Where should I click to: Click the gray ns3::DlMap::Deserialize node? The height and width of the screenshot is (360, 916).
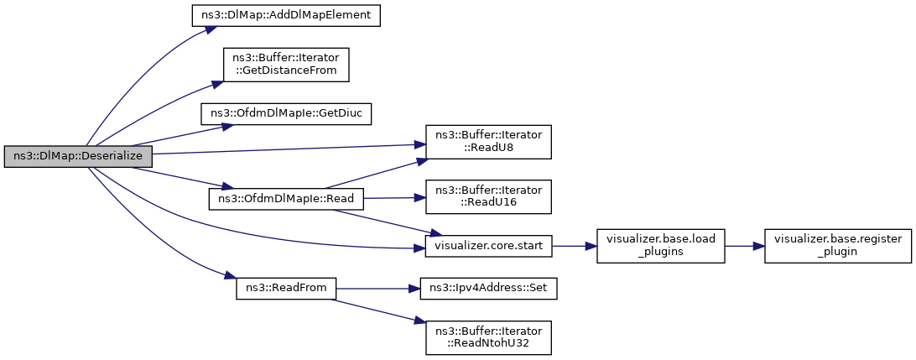tap(78, 157)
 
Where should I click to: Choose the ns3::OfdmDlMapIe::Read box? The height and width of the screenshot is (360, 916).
tap(286, 199)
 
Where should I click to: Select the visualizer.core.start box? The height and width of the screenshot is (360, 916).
tap(488, 246)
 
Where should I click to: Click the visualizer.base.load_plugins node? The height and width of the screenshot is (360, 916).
tap(661, 246)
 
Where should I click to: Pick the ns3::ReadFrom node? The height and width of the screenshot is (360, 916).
tap(286, 289)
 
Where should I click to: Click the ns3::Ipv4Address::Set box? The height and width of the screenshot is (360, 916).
tap(488, 289)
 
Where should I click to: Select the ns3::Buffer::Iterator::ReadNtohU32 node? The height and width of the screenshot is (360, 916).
tap(488, 337)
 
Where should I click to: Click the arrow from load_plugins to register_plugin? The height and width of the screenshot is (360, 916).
tap(744, 246)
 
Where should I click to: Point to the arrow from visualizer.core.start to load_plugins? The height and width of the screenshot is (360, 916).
tap(575, 246)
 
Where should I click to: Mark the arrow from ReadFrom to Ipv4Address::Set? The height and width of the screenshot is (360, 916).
tap(378, 289)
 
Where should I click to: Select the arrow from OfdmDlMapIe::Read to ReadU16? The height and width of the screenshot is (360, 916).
tap(394, 198)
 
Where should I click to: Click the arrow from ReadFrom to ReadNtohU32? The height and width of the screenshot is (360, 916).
tap(377, 310)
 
